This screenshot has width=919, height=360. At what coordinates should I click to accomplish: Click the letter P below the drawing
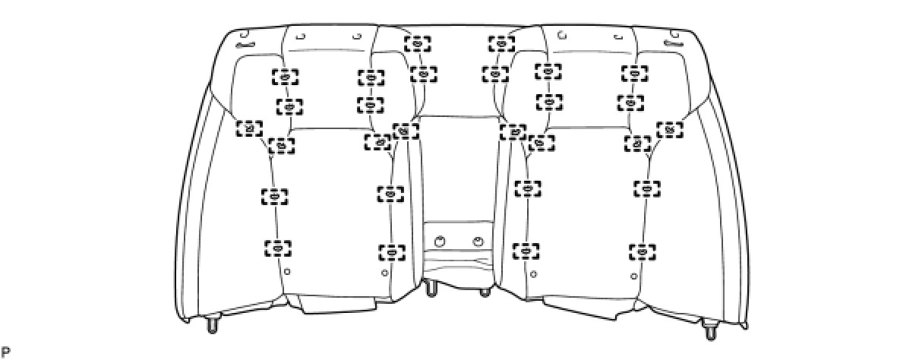pyautogui.click(x=5, y=352)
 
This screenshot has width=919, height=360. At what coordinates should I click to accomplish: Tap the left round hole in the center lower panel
pyautogui.click(x=438, y=242)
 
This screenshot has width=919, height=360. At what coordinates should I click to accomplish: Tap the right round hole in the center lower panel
pyautogui.click(x=478, y=242)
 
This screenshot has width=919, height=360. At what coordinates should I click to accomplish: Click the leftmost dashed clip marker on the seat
pyautogui.click(x=248, y=128)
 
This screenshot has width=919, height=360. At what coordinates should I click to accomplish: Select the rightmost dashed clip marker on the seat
pyautogui.click(x=670, y=129)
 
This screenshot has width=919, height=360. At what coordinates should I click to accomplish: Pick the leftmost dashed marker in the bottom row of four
pyautogui.click(x=278, y=248)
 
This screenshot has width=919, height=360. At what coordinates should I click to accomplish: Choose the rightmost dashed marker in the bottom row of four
pyautogui.click(x=643, y=251)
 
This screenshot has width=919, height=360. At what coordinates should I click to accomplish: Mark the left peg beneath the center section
pyautogui.click(x=431, y=289)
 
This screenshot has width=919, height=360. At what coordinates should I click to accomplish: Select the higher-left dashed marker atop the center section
pyautogui.click(x=417, y=43)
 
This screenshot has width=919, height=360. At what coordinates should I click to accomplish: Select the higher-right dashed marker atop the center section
pyautogui.click(x=501, y=43)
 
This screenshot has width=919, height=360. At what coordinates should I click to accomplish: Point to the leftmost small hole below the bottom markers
pyautogui.click(x=286, y=270)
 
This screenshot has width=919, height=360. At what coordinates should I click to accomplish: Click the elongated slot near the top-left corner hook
pyautogui.click(x=250, y=46)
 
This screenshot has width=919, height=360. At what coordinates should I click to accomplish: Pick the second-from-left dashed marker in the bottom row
pyautogui.click(x=391, y=251)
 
